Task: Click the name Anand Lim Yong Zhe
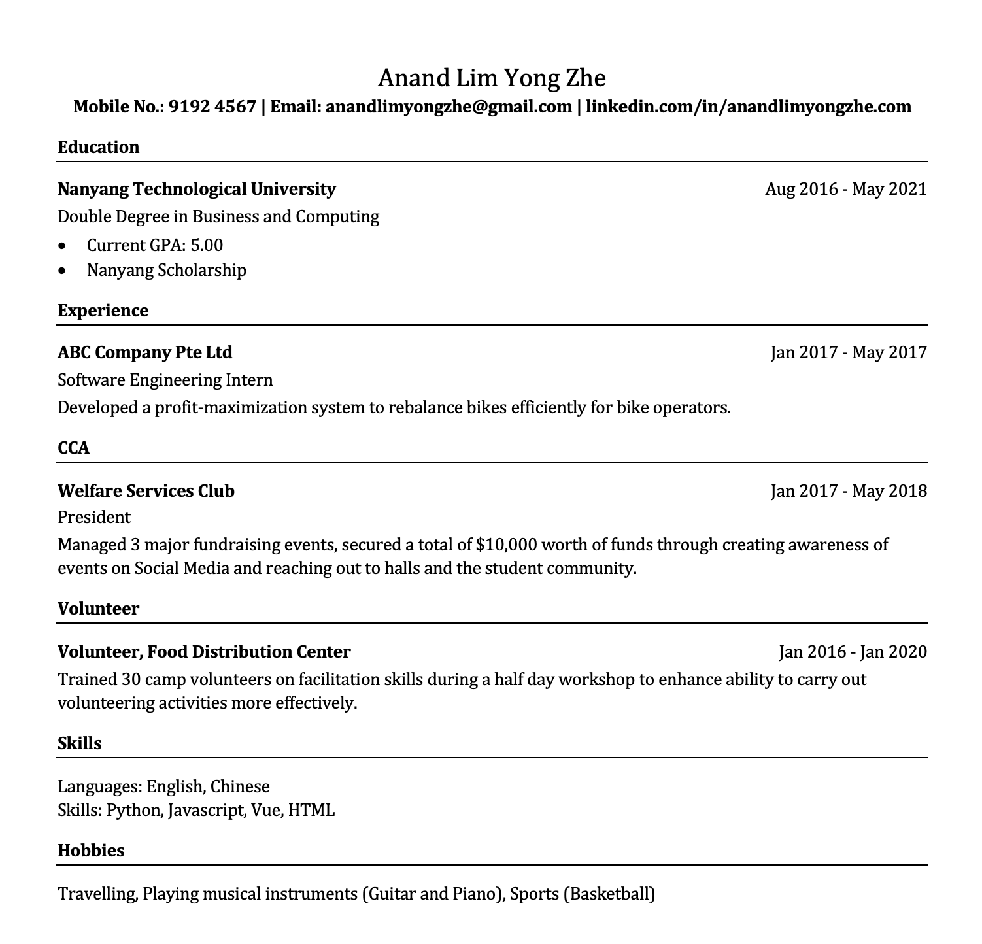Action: point(492,78)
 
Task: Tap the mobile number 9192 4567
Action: point(212,107)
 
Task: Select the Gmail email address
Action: point(449,107)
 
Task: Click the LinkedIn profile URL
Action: point(748,107)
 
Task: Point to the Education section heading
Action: point(99,147)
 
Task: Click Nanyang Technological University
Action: point(196,189)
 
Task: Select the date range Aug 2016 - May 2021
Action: point(845,189)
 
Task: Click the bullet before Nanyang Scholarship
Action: point(62,270)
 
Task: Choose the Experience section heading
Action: point(103,311)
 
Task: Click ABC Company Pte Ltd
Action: point(145,352)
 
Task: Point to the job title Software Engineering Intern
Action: point(165,380)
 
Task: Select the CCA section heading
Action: point(73,448)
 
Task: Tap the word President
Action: point(94,517)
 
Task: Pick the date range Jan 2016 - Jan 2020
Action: point(853,652)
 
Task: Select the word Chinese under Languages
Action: point(240,786)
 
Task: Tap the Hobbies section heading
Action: point(91,851)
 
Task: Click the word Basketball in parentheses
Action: point(609,894)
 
